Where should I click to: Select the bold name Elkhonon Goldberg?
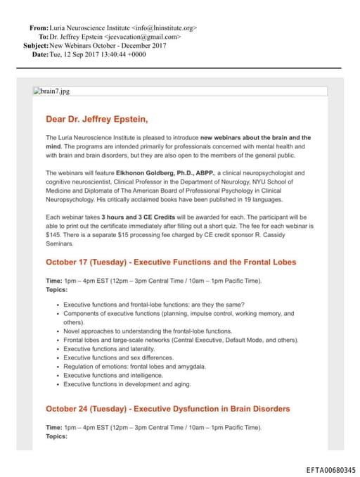155,172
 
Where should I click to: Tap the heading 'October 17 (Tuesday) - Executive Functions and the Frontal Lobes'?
171,262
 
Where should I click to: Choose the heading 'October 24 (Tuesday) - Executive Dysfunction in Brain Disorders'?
167,408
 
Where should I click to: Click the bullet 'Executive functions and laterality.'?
109,348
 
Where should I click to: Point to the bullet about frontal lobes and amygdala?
134,367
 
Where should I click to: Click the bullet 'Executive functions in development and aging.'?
127,385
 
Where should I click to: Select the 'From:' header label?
39,27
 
